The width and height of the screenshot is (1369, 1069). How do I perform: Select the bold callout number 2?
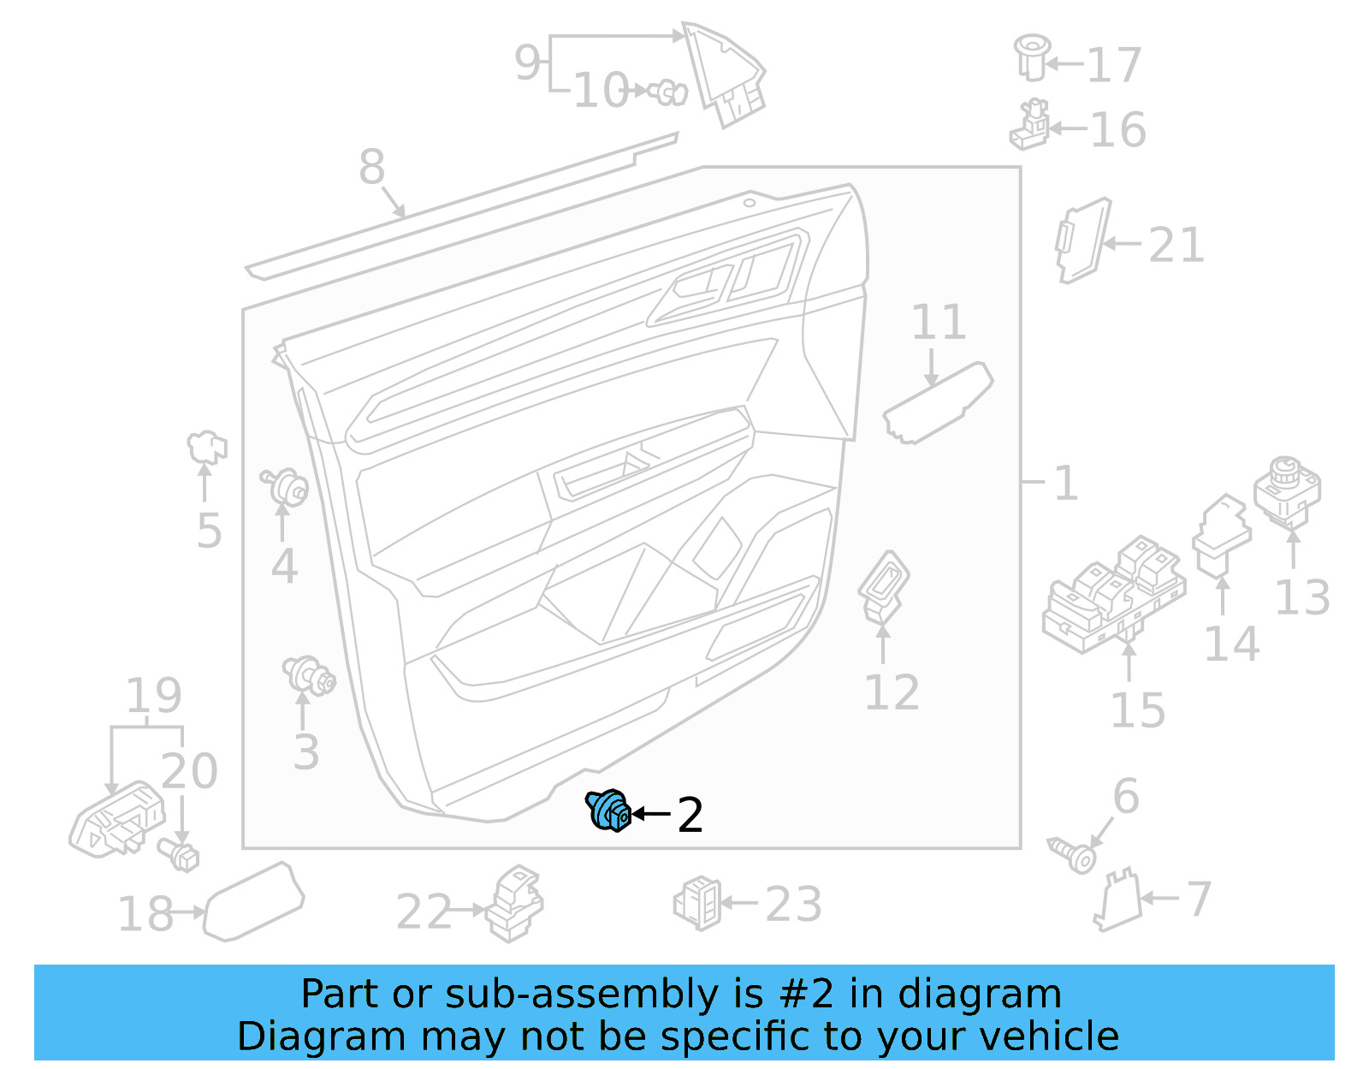pyautogui.click(x=690, y=815)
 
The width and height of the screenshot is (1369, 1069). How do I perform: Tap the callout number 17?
pyautogui.click(x=1113, y=65)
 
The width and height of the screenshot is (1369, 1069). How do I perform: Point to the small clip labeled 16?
pyautogui.click(x=1030, y=126)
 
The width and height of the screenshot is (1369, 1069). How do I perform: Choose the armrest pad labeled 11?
pyautogui.click(x=938, y=402)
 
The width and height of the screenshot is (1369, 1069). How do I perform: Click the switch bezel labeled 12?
pyautogui.click(x=884, y=584)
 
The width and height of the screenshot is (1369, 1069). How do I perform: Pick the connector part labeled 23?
pyautogui.click(x=698, y=903)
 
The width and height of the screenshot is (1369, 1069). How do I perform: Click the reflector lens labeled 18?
pyautogui.click(x=253, y=902)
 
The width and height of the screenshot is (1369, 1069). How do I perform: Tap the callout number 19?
pyautogui.click(x=154, y=695)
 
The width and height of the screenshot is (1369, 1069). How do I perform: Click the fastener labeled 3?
pyautogui.click(x=309, y=675)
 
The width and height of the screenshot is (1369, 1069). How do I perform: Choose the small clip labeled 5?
pyautogui.click(x=206, y=446)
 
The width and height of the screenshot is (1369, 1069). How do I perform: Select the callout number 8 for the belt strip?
pyautogui.click(x=371, y=167)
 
